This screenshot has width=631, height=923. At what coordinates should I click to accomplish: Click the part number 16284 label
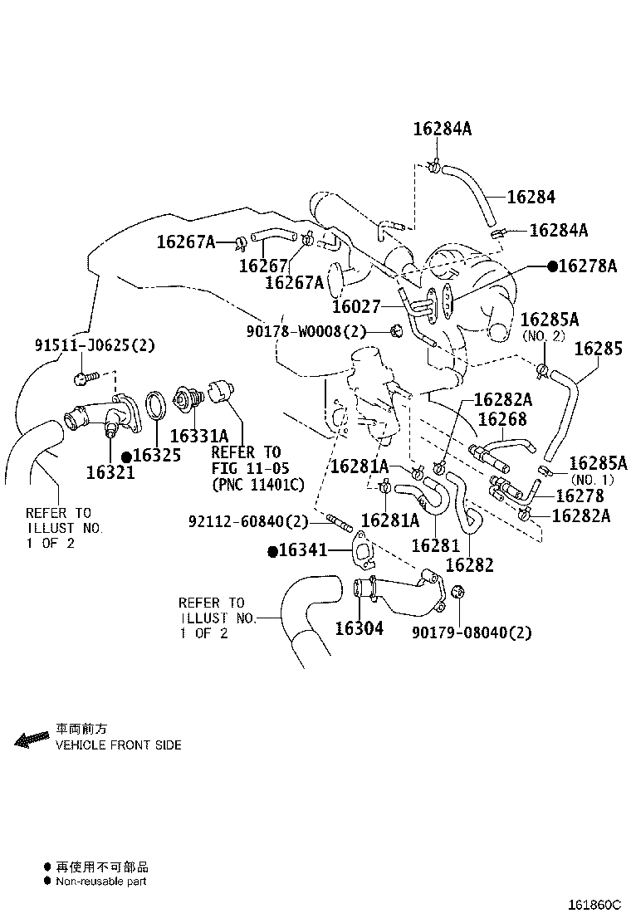(531, 197)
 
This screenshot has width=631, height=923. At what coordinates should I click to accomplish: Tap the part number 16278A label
(588, 266)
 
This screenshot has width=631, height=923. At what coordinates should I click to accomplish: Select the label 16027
(356, 306)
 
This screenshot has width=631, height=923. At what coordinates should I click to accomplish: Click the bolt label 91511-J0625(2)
(95, 345)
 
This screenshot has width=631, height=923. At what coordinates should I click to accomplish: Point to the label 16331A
(199, 437)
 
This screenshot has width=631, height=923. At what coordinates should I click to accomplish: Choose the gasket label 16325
(157, 455)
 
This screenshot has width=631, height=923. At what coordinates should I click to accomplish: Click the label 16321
(110, 472)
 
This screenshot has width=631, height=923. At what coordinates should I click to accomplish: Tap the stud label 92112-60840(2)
(248, 521)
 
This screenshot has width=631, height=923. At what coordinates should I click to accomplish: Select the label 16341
(302, 550)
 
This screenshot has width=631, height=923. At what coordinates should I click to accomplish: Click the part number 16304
(359, 628)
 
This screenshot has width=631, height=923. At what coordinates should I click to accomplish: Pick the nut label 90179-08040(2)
(472, 632)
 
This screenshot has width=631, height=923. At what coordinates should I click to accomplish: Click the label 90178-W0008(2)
(306, 332)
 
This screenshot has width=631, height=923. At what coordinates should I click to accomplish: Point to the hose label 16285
(598, 349)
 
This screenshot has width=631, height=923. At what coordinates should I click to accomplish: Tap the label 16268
(502, 419)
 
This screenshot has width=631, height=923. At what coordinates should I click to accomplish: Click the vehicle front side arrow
(32, 740)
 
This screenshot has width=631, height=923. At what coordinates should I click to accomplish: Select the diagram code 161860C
(594, 905)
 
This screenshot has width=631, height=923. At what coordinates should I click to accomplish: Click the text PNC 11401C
(258, 485)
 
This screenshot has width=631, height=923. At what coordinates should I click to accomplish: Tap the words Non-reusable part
(101, 881)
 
